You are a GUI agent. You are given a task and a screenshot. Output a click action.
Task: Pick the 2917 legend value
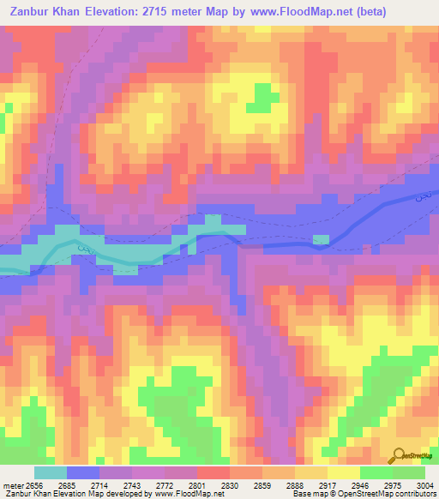325,485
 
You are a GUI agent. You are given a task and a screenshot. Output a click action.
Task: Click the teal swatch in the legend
50,472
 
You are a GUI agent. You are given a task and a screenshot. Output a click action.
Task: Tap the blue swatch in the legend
82,472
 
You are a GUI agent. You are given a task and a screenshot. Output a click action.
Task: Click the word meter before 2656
13,485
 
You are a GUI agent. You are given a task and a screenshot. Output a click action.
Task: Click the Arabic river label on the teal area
83,249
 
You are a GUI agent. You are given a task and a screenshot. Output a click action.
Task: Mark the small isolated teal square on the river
322,238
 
